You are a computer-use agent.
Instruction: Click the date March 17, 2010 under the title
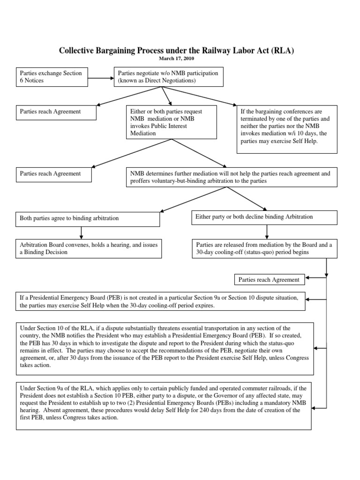[x=177, y=59]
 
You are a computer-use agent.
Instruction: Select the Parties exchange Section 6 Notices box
[x=52, y=77]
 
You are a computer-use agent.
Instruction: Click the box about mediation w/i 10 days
[x=287, y=129]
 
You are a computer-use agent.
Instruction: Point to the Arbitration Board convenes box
[x=89, y=248]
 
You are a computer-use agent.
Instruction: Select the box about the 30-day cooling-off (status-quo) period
[x=264, y=248]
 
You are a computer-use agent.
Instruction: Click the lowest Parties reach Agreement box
[x=269, y=280]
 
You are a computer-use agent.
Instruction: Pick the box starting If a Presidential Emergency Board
[x=161, y=301]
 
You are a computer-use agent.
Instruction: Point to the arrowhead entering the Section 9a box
[x=315, y=408]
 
